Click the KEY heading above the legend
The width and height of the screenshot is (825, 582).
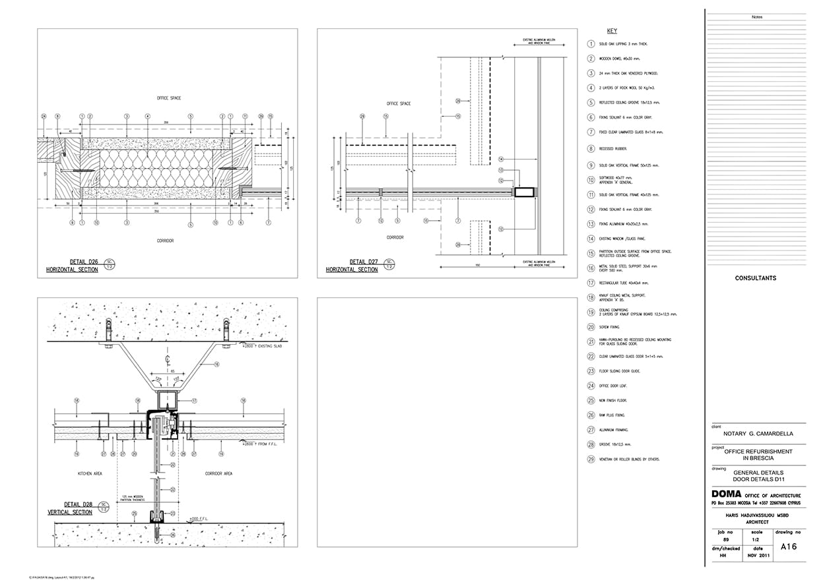point(612,31)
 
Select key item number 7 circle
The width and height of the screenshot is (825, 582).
point(591,132)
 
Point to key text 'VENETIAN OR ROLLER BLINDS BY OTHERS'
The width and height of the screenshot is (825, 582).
point(629,459)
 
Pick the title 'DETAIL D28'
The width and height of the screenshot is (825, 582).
point(73,504)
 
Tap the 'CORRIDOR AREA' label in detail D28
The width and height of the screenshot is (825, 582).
point(218,473)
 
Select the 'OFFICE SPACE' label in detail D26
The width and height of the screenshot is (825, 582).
point(169,98)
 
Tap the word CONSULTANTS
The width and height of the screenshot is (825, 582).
point(756,278)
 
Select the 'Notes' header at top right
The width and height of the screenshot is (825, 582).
point(756,17)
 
